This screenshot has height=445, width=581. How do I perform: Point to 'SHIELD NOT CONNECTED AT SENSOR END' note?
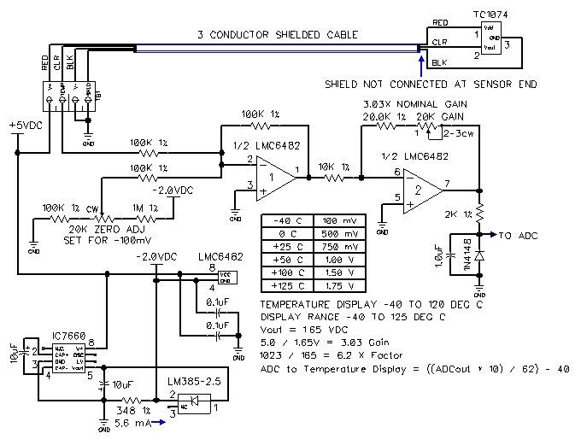click(426, 85)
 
